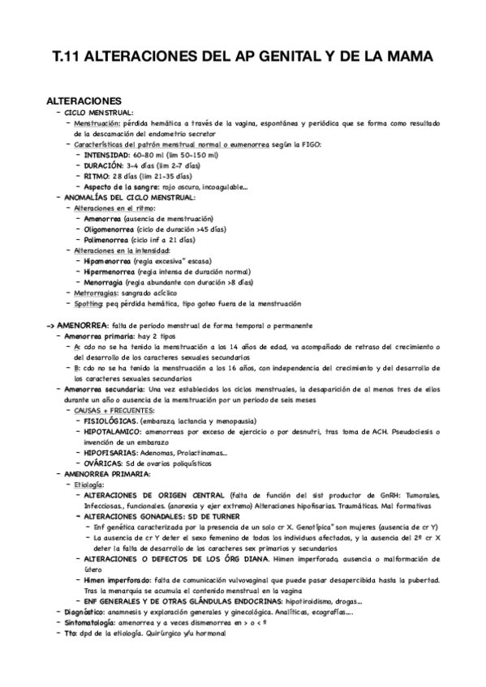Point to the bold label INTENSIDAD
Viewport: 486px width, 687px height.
pyautogui.click(x=110, y=155)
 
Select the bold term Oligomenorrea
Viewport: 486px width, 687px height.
pyautogui.click(x=109, y=229)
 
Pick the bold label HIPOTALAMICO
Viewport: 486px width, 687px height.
pyautogui.click(x=112, y=432)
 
